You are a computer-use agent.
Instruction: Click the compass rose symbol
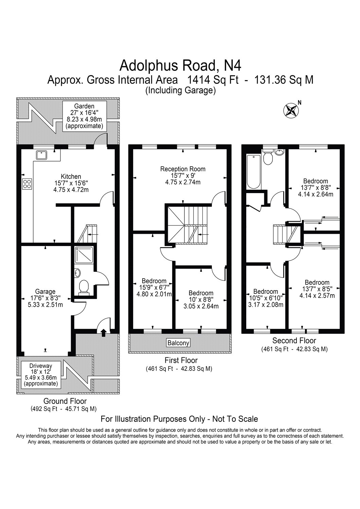pyautogui.click(x=291, y=110)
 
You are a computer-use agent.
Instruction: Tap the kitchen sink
pyautogui.click(x=41, y=155)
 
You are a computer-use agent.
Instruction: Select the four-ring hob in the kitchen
pyautogui.click(x=27, y=184)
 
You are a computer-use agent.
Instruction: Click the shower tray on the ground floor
pyautogui.click(x=84, y=255)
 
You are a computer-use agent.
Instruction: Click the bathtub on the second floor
pyautogui.click(x=254, y=172)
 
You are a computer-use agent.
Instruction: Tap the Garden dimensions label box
pyautogui.click(x=84, y=116)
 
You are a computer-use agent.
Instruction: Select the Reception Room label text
pyautogui.click(x=183, y=169)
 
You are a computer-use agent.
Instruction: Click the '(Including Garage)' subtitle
pyautogui.click(x=181, y=91)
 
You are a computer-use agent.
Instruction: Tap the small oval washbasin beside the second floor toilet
pyautogui.click(x=279, y=152)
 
